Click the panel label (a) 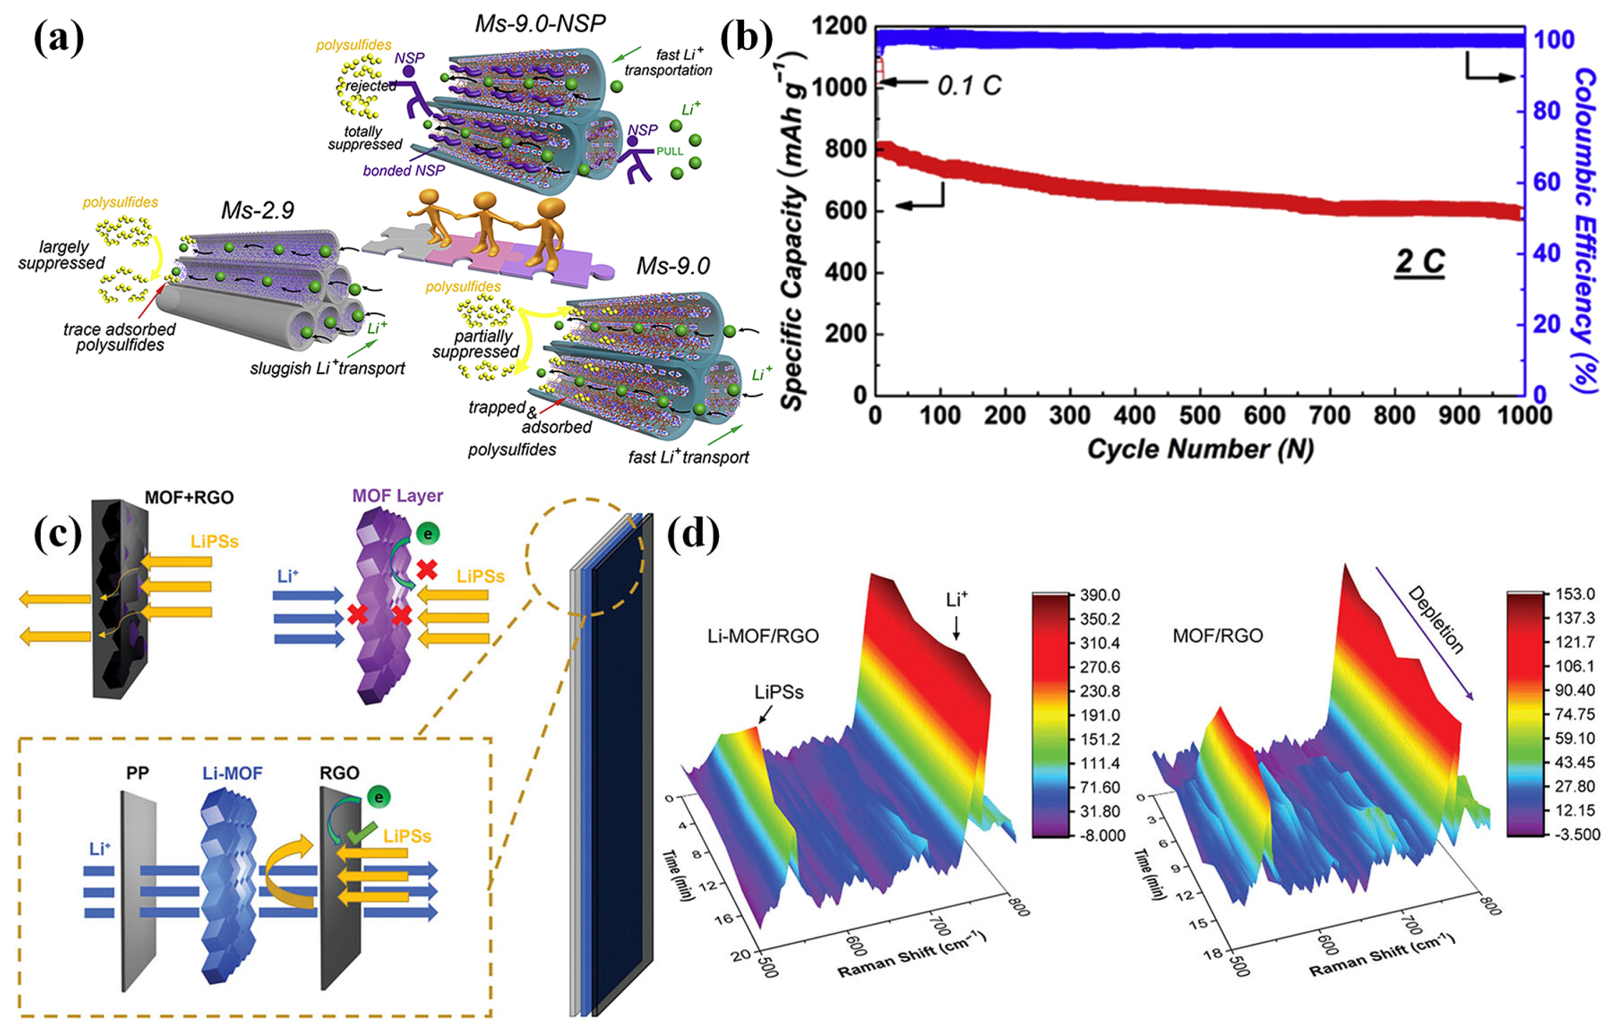(x=59, y=38)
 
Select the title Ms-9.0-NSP (x=540, y=23)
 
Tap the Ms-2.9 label (x=257, y=210)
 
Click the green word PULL (x=669, y=152)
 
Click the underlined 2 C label (x=1419, y=262)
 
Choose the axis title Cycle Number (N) (x=1200, y=449)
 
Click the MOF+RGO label (x=189, y=497)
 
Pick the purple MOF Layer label (x=397, y=495)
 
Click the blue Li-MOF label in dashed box (x=232, y=773)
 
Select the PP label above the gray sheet (x=137, y=773)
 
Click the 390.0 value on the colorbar (x=1099, y=595)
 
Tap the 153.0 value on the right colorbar (x=1574, y=593)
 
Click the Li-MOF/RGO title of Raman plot (x=763, y=636)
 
